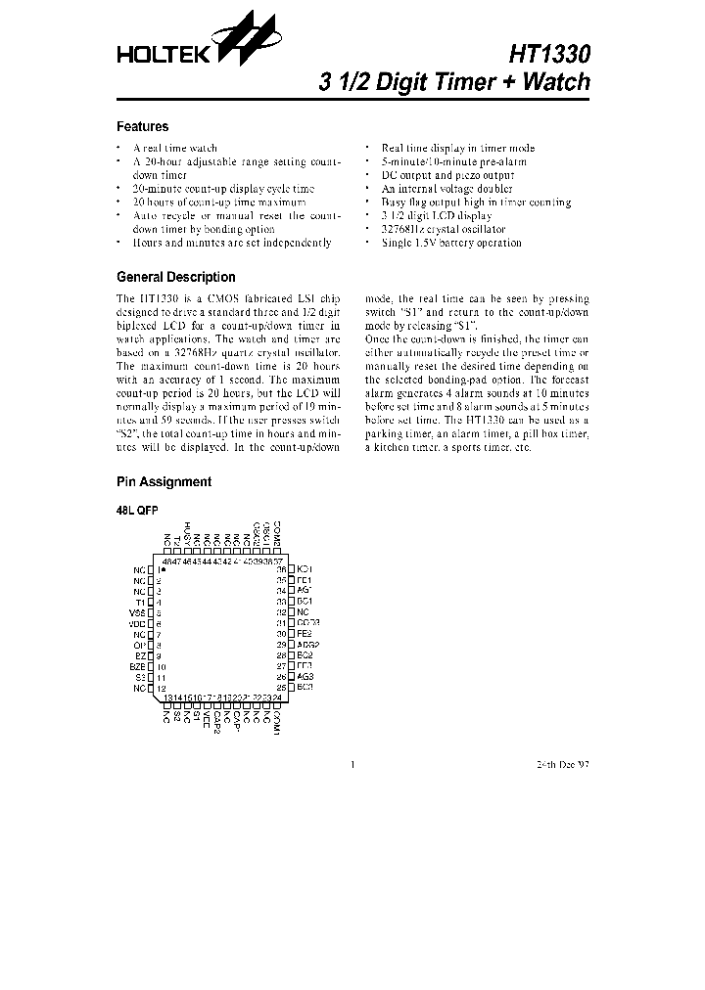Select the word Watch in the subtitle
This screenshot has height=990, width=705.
[x=555, y=82]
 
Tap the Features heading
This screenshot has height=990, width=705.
[x=142, y=126]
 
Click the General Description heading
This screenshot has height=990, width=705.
[x=175, y=277]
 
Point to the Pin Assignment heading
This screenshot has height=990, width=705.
[x=164, y=481]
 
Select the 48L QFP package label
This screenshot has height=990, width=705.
[x=137, y=511]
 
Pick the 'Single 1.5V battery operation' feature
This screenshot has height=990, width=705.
[x=451, y=243]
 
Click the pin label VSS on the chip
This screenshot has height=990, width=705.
[x=137, y=613]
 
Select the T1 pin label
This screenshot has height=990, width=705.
[x=140, y=603]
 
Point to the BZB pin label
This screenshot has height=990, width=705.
[x=137, y=666]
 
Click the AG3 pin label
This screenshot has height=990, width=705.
[x=305, y=677]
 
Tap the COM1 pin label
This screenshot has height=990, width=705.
[x=277, y=723]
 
